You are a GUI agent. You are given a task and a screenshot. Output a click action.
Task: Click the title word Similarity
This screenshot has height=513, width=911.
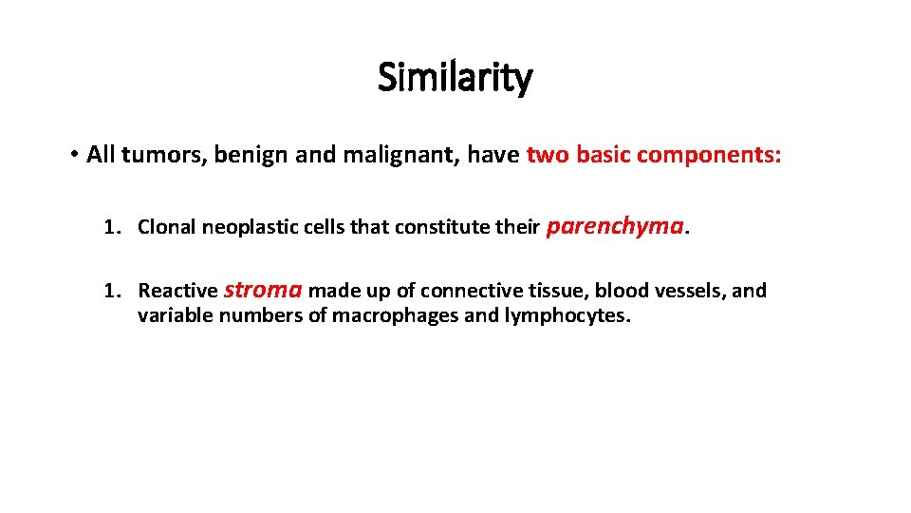455,78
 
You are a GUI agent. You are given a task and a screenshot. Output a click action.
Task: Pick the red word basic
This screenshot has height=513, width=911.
598,155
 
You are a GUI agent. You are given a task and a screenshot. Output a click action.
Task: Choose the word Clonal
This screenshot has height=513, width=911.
166,227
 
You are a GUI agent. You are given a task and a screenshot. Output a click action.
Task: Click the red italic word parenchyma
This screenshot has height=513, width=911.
616,226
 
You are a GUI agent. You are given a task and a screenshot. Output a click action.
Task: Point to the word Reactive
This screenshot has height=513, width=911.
177,291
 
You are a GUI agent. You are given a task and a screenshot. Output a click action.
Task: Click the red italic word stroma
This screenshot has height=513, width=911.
264,290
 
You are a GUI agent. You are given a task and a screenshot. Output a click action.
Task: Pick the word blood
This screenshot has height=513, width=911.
620,291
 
